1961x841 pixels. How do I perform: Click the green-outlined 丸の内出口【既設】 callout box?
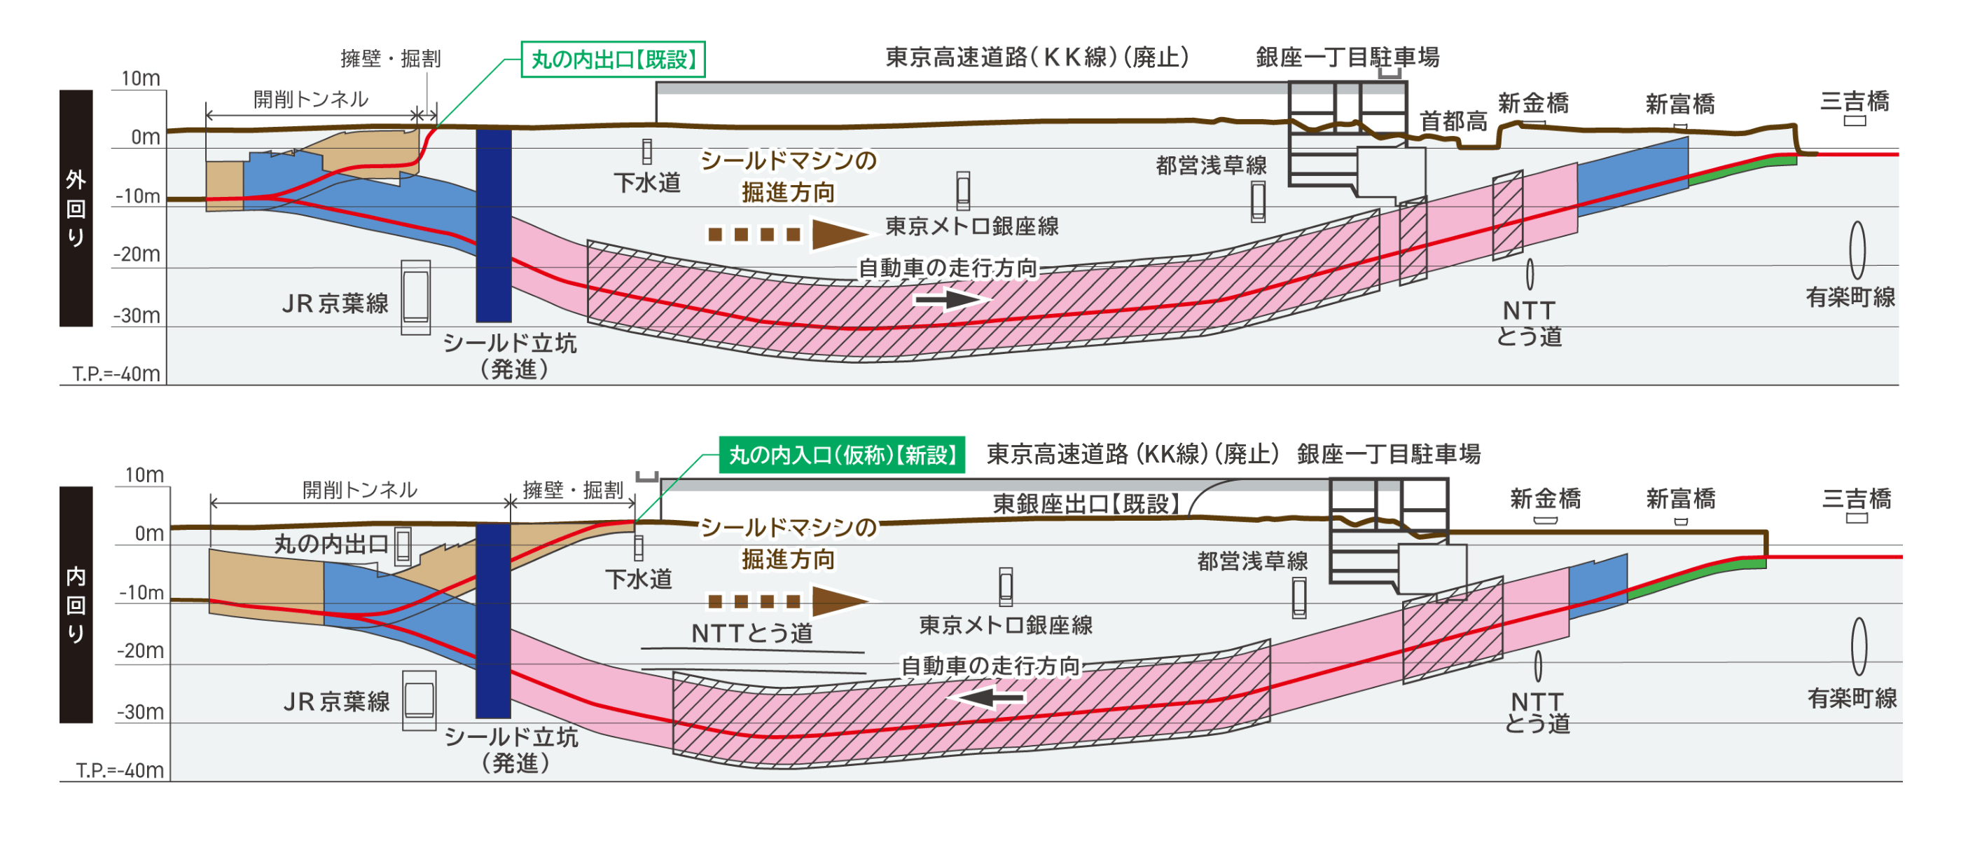tap(613, 60)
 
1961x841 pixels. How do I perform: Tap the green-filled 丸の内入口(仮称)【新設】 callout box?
tap(842, 455)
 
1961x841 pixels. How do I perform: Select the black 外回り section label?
tap(76, 208)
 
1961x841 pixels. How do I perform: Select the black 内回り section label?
tap(76, 604)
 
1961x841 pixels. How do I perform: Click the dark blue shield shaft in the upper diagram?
tap(493, 225)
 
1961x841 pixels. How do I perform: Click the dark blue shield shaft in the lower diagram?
tap(492, 620)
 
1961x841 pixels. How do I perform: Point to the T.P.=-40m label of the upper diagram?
tap(116, 374)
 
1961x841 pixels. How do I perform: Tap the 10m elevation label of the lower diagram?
tap(144, 475)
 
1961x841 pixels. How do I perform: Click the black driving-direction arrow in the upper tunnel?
tap(952, 299)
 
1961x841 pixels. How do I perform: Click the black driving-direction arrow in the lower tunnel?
tap(988, 696)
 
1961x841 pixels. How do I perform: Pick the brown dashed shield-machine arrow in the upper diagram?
tap(788, 234)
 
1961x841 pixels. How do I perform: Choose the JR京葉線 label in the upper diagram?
tap(335, 304)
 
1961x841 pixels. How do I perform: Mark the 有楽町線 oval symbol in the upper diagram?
tap(1857, 250)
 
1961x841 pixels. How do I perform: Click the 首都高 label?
tap(1453, 121)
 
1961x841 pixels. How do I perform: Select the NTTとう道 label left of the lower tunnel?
tap(751, 633)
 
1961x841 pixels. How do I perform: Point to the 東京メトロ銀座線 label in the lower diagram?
tap(1006, 625)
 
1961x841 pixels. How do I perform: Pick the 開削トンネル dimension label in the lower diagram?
tap(359, 490)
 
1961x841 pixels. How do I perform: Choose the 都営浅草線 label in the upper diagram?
tap(1211, 165)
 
